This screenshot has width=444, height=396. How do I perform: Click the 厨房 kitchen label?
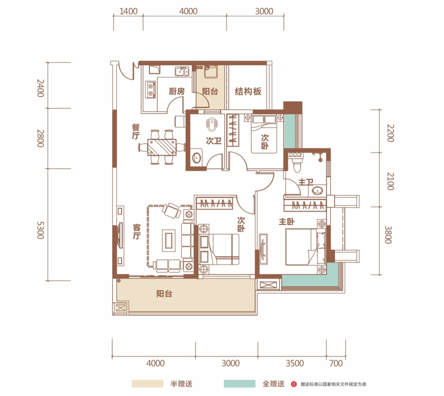(x=177, y=91)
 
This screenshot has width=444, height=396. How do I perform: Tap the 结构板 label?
(x=248, y=91)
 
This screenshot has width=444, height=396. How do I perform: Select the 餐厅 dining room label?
(x=136, y=132)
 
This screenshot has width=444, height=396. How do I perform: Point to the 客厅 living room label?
(x=137, y=232)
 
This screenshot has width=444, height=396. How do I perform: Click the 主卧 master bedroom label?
(x=287, y=222)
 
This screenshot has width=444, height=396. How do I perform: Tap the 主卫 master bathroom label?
(x=306, y=182)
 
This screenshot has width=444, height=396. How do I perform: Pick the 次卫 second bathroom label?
(x=213, y=140)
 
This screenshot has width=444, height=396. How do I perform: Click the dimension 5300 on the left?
(x=40, y=230)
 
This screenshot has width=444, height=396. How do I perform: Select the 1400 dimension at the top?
(x=129, y=11)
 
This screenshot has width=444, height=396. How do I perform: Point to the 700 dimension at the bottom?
(x=336, y=363)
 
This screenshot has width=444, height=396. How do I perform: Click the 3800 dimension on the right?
(x=388, y=235)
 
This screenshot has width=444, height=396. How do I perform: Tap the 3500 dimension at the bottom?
(x=295, y=363)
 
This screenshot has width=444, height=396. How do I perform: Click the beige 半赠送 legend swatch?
(x=148, y=384)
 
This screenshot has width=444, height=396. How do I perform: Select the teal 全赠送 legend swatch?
(x=240, y=384)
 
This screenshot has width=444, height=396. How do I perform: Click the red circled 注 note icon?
(x=294, y=384)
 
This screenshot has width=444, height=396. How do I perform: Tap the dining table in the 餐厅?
(x=162, y=147)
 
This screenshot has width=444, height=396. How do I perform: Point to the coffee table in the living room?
(x=169, y=240)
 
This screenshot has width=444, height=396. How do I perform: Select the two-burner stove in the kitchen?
(x=150, y=89)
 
